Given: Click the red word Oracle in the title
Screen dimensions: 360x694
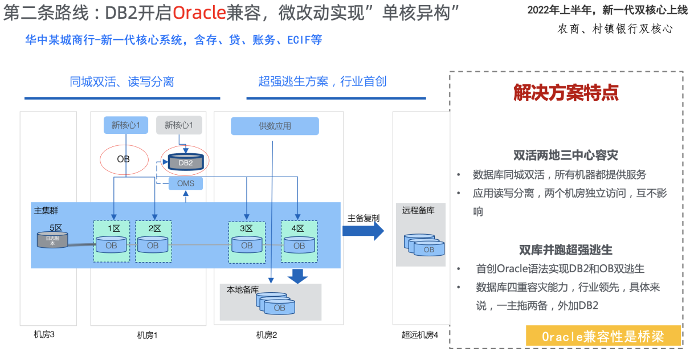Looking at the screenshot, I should pyautogui.click(x=197, y=12).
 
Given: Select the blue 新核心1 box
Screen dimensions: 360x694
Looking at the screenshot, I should pyautogui.click(x=126, y=125).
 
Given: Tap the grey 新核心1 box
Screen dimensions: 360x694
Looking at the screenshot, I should pyautogui.click(x=179, y=125).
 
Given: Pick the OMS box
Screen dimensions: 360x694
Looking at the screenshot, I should pyautogui.click(x=186, y=183).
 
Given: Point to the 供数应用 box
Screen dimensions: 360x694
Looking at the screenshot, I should pyautogui.click(x=275, y=126).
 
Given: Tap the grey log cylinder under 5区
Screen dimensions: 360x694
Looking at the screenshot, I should pyautogui.click(x=52, y=240).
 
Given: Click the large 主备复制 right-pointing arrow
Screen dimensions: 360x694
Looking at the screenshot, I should pyautogui.click(x=363, y=230).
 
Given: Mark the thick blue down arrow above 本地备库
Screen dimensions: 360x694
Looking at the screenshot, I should pyautogui.click(x=297, y=276).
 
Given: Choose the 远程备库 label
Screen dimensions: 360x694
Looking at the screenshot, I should pyautogui.click(x=418, y=210).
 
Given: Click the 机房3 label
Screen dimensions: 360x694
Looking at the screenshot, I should pyautogui.click(x=44, y=334).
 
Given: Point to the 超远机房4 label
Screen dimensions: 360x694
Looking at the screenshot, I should pyautogui.click(x=420, y=335).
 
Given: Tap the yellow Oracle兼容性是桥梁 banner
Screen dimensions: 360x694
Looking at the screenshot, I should pyautogui.click(x=603, y=336).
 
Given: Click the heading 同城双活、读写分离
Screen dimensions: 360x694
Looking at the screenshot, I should pyautogui.click(x=122, y=82).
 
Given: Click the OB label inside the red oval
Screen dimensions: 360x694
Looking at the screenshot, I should pyautogui.click(x=124, y=159).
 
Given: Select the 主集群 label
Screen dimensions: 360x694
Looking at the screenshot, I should pyautogui.click(x=46, y=210).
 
